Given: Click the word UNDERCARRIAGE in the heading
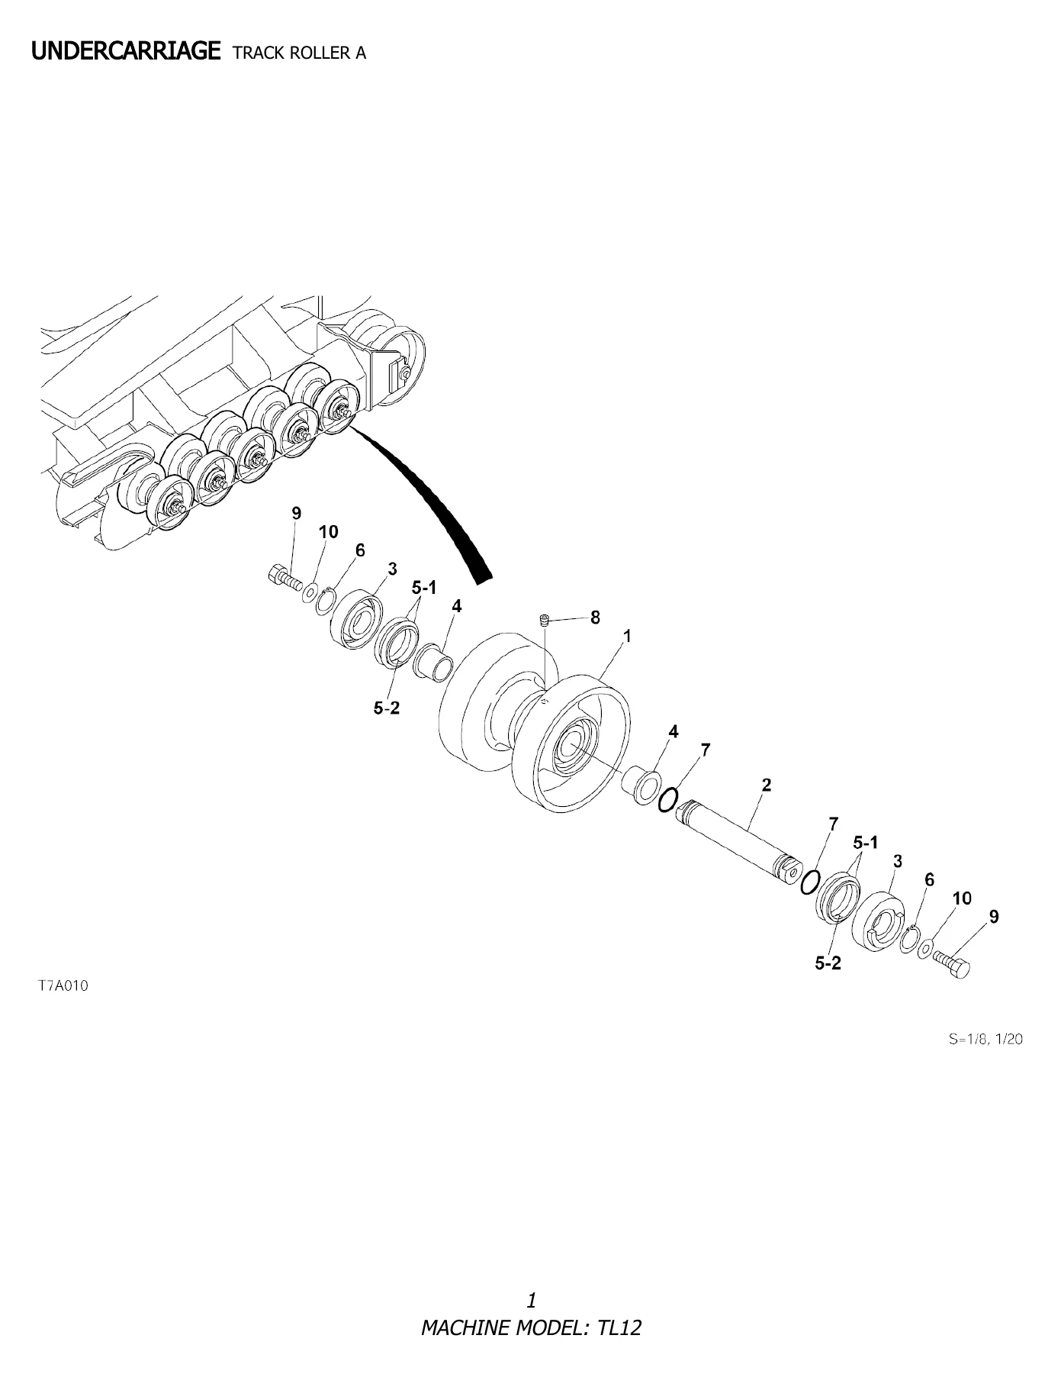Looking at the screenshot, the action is point(126,51).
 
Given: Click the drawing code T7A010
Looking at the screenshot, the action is point(63,985).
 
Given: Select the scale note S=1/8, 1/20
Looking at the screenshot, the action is point(985,1039).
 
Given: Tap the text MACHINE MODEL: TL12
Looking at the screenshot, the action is point(531,1327).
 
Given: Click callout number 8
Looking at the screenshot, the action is point(595,617).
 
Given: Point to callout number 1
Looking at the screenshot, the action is point(628,636).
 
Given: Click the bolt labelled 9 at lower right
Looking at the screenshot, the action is point(951,963).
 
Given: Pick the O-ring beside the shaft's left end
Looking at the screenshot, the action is point(666,799).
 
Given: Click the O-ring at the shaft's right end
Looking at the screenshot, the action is point(810,882).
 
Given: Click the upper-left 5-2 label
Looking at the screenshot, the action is point(387,708).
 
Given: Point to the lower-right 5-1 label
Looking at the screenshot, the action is point(866,843).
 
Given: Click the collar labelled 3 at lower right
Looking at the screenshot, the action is point(879,922).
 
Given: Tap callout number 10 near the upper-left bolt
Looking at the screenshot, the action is point(328,531).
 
